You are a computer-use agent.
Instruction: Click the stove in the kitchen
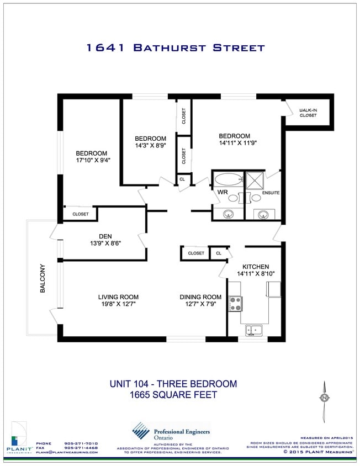236,303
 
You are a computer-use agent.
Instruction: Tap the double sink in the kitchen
255,330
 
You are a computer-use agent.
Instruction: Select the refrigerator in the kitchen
274,289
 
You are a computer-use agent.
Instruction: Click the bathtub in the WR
228,179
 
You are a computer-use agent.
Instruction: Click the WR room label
223,192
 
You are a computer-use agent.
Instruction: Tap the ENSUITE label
271,193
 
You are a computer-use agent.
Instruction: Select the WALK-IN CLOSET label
308,113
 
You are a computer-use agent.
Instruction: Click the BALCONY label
43,279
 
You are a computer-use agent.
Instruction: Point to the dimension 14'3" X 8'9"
151,146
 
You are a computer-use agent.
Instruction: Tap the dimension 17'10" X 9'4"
91,161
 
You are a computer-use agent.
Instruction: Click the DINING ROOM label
200,297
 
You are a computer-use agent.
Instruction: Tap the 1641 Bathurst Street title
176,48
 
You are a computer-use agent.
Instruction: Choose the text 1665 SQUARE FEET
173,395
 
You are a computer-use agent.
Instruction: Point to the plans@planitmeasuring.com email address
67,452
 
